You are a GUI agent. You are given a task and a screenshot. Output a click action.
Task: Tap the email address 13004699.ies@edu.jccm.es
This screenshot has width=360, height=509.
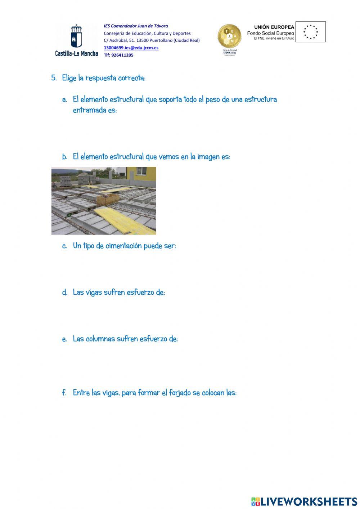pyautogui.click(x=131, y=48)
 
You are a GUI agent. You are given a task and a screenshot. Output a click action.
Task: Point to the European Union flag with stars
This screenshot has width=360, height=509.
pyautogui.click(x=310, y=32)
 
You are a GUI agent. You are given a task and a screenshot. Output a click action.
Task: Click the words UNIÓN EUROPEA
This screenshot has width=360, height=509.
pyautogui.click(x=274, y=27)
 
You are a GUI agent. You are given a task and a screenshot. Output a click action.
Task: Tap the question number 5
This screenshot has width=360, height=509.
pyautogui.click(x=54, y=78)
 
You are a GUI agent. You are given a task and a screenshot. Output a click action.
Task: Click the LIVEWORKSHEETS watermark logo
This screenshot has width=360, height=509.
pyautogui.click(x=304, y=501)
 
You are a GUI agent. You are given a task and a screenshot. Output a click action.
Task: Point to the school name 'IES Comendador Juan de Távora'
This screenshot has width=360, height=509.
pyautogui.click(x=136, y=26)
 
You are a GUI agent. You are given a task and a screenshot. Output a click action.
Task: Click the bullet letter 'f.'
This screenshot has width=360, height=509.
pyautogui.click(x=64, y=393)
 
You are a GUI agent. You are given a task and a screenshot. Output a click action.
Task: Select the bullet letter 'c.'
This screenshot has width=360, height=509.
pyautogui.click(x=64, y=246)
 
